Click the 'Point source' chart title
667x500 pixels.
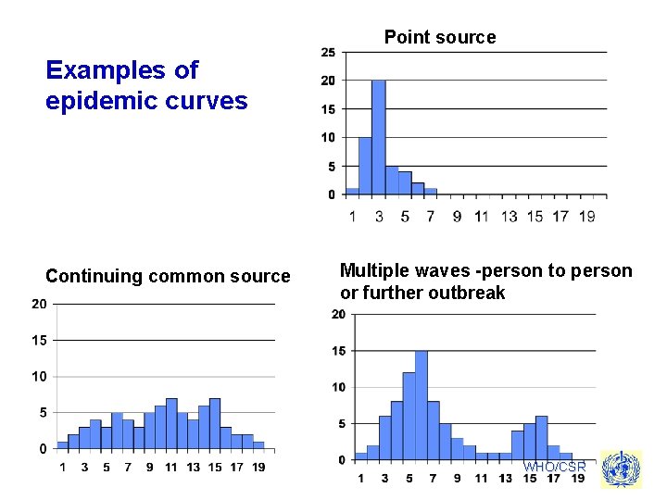(x=440, y=37)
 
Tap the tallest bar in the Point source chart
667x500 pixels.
(x=378, y=137)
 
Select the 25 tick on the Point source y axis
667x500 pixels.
(x=328, y=52)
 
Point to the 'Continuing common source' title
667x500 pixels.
(x=168, y=276)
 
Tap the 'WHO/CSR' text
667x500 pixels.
(x=554, y=467)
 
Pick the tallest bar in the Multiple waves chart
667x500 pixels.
(x=421, y=405)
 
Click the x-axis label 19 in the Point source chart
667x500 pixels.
(x=586, y=217)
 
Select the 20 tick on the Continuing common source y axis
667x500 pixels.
(x=40, y=304)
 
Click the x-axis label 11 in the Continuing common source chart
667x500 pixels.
(x=171, y=467)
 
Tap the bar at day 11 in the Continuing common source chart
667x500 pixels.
(x=171, y=423)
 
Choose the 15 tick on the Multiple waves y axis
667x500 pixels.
(x=338, y=351)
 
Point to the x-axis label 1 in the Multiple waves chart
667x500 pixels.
(x=360, y=478)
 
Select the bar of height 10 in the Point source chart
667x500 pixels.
(x=365, y=166)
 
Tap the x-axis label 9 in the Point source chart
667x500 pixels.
(x=457, y=217)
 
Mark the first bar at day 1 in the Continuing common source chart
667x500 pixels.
(x=63, y=444)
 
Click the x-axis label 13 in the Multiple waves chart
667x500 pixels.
(x=505, y=478)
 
